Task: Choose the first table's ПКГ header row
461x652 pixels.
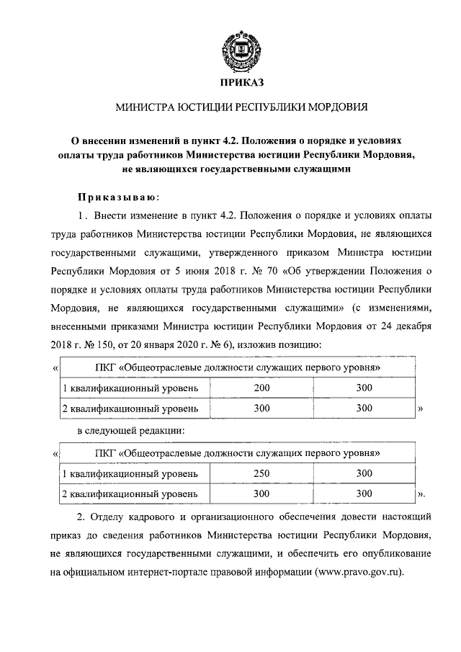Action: tap(238, 368)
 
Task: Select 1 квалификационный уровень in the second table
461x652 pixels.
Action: tap(130, 473)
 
